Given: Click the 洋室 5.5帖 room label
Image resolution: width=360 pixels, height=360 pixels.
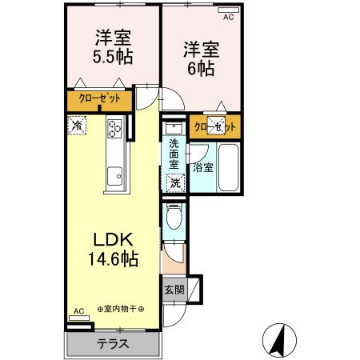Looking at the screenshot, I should click(x=114, y=47).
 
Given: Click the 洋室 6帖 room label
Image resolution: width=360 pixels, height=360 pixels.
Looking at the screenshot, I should click(x=199, y=58).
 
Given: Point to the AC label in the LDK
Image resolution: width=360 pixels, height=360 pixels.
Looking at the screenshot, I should click(x=78, y=311).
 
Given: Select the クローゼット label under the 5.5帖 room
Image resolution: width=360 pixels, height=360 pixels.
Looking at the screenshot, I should click(x=100, y=99).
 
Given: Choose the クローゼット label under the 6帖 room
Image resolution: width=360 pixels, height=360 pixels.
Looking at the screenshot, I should click(x=215, y=127).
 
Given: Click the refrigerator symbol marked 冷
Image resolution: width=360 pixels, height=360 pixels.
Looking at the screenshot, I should click(x=77, y=125).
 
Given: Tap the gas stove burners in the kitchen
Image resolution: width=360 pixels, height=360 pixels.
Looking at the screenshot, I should click(x=114, y=128).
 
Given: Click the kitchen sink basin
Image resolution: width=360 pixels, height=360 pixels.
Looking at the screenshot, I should click(x=114, y=172).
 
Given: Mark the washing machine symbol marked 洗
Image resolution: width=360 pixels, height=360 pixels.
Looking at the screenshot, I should click(x=175, y=182).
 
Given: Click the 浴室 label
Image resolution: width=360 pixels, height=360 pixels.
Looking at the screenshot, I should click(x=202, y=168).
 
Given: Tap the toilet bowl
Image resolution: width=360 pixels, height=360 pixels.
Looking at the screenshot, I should click(x=174, y=218).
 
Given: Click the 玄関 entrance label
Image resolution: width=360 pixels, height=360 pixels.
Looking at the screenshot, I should click(x=174, y=289).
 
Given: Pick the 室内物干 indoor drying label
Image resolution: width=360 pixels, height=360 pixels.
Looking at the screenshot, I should click(x=121, y=309).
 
